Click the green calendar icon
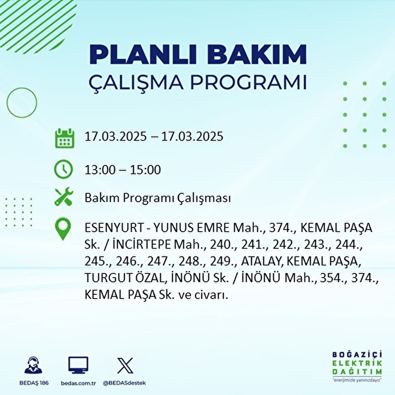click(x=65, y=138)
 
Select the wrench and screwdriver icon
click(x=64, y=196)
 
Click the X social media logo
click(x=125, y=366)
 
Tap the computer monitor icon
click(x=78, y=365)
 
